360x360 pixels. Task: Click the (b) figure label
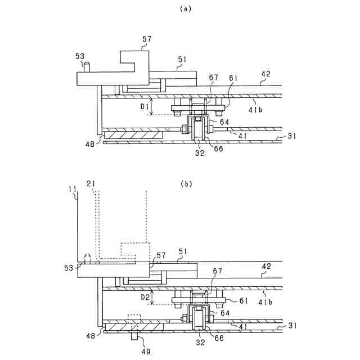[x=186, y=183]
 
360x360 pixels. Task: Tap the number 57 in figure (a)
[x=147, y=39]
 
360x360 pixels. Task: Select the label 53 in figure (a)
[x=80, y=56]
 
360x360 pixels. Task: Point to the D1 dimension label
[x=143, y=106]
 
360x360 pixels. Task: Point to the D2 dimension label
[x=143, y=295]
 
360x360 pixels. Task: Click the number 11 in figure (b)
[x=73, y=183]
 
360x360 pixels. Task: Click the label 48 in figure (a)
[x=90, y=144]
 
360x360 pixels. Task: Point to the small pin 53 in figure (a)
[x=87, y=66]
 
